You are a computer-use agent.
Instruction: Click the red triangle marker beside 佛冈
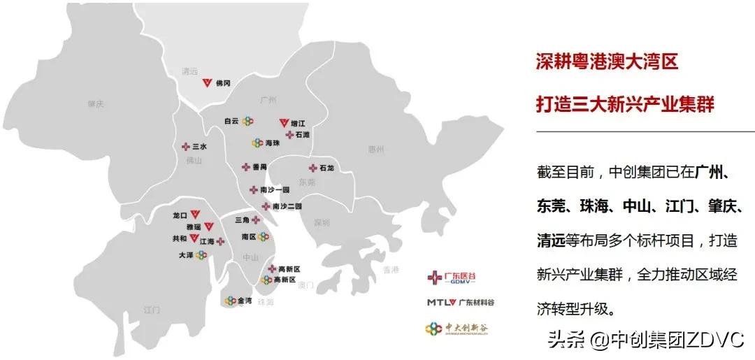pos(206,83)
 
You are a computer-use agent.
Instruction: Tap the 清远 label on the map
pos(189,71)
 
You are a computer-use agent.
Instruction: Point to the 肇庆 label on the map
pos(96,103)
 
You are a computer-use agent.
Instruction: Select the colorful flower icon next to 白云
pos(247,121)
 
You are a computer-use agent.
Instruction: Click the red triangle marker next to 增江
pos(284,123)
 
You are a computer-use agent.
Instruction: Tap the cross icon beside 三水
pos(186,147)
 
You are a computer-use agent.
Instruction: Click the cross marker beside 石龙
pos(312,168)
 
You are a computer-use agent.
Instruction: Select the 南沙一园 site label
pos(274,189)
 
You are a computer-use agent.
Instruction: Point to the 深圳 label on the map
pos(322,222)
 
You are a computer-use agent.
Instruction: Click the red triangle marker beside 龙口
pos(196,216)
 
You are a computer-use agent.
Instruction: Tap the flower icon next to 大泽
pos(201,255)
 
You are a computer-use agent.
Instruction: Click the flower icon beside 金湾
pos(230,301)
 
